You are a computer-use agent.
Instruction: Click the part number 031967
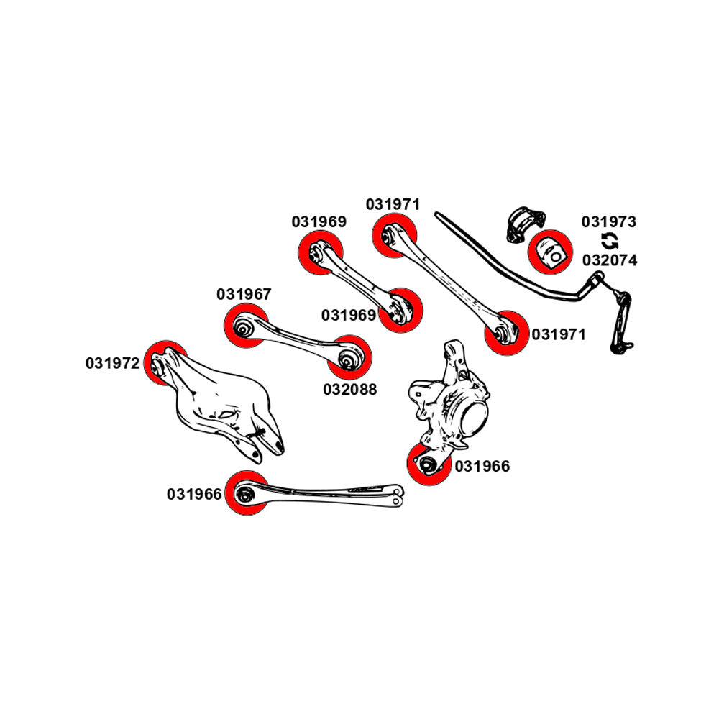(244, 295)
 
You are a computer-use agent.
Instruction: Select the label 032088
(349, 390)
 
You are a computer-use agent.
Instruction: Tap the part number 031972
(113, 364)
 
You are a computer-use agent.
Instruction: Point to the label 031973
(609, 222)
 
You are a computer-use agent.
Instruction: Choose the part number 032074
(609, 260)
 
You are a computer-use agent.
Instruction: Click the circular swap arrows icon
(608, 241)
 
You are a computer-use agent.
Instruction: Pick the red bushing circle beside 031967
(246, 327)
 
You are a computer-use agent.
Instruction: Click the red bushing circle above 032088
(350, 357)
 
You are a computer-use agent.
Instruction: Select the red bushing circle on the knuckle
(429, 464)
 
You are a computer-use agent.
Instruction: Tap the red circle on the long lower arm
(247, 494)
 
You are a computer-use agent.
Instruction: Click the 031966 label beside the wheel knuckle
(482, 467)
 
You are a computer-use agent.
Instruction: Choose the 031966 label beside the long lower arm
(194, 495)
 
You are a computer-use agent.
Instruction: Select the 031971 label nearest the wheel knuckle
(559, 334)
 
